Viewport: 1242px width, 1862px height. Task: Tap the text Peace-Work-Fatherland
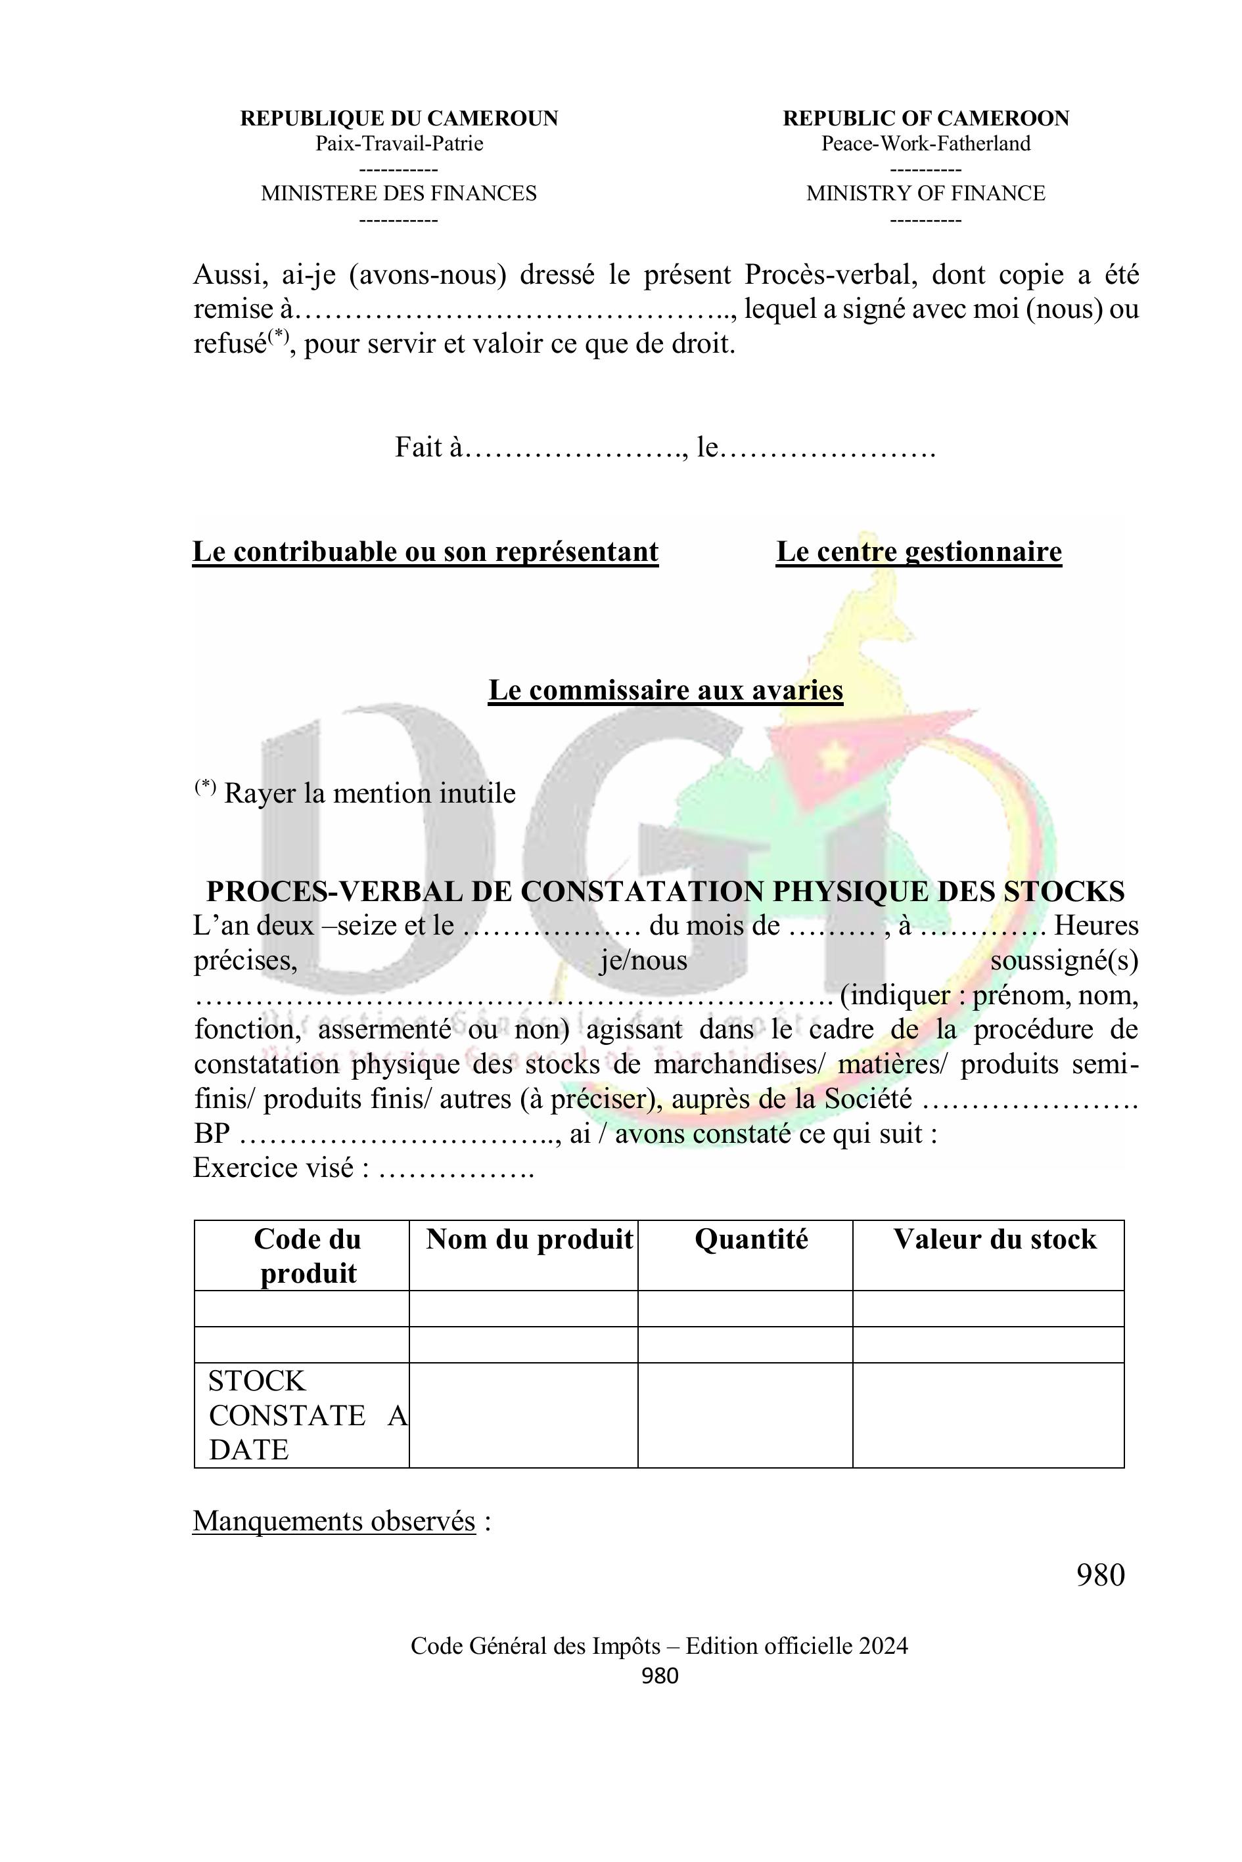point(925,144)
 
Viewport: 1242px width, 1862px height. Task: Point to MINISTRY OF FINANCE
point(925,193)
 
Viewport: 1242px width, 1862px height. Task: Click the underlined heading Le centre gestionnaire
point(918,552)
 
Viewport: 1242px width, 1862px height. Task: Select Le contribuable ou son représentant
point(425,552)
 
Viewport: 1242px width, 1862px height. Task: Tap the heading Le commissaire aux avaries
point(665,690)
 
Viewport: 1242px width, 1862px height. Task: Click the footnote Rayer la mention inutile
point(369,793)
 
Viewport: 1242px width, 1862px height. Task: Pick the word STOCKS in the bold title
point(1064,891)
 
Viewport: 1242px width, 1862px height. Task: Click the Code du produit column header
point(308,1256)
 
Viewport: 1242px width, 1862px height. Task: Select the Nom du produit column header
point(529,1240)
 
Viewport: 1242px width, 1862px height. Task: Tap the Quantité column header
point(751,1240)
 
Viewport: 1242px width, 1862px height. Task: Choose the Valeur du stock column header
point(995,1240)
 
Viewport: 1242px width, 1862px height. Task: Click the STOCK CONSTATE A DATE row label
point(301,1415)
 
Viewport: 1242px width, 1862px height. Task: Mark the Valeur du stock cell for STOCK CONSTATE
point(988,1415)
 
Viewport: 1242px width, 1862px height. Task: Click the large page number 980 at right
point(1100,1576)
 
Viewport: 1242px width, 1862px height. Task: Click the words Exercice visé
point(277,1168)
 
